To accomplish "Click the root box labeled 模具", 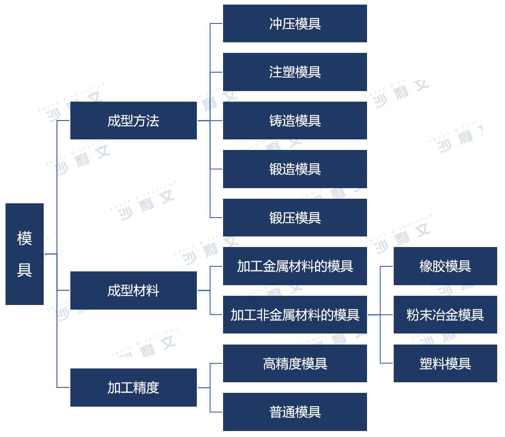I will (24, 254).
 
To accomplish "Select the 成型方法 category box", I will (133, 121).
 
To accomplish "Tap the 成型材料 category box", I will (133, 290).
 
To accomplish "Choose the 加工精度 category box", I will (133, 387).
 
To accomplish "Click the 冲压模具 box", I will (295, 23).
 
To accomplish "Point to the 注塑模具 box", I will (295, 72).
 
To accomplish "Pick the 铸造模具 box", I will (295, 121).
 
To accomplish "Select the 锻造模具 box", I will (295, 169).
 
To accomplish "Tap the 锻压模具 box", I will (295, 218).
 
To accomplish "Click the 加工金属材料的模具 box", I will (295, 266).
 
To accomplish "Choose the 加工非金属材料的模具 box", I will (295, 315).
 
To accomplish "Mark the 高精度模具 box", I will (295, 363).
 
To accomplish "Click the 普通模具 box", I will (295, 412).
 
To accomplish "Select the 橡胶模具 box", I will (445, 266).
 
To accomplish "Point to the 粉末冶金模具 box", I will (445, 315).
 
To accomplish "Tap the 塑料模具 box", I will (445, 363).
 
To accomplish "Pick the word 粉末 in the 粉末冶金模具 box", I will (419, 315).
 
